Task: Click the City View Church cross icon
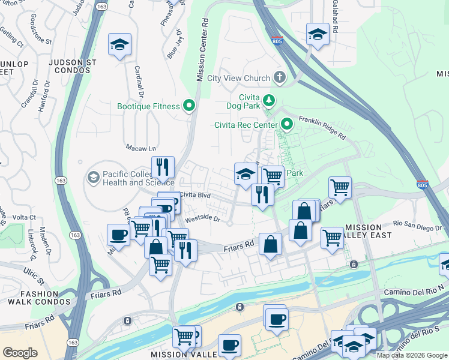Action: click(x=279, y=77)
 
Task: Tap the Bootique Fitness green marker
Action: click(x=190, y=106)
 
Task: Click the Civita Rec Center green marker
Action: click(x=287, y=125)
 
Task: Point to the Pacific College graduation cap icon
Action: click(x=92, y=178)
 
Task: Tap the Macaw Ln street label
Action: click(x=140, y=148)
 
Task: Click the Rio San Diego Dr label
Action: click(x=417, y=225)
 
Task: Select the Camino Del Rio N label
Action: click(x=414, y=291)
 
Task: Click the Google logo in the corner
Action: click(x=20, y=353)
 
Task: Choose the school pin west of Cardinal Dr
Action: click(x=119, y=45)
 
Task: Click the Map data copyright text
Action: click(x=411, y=355)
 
